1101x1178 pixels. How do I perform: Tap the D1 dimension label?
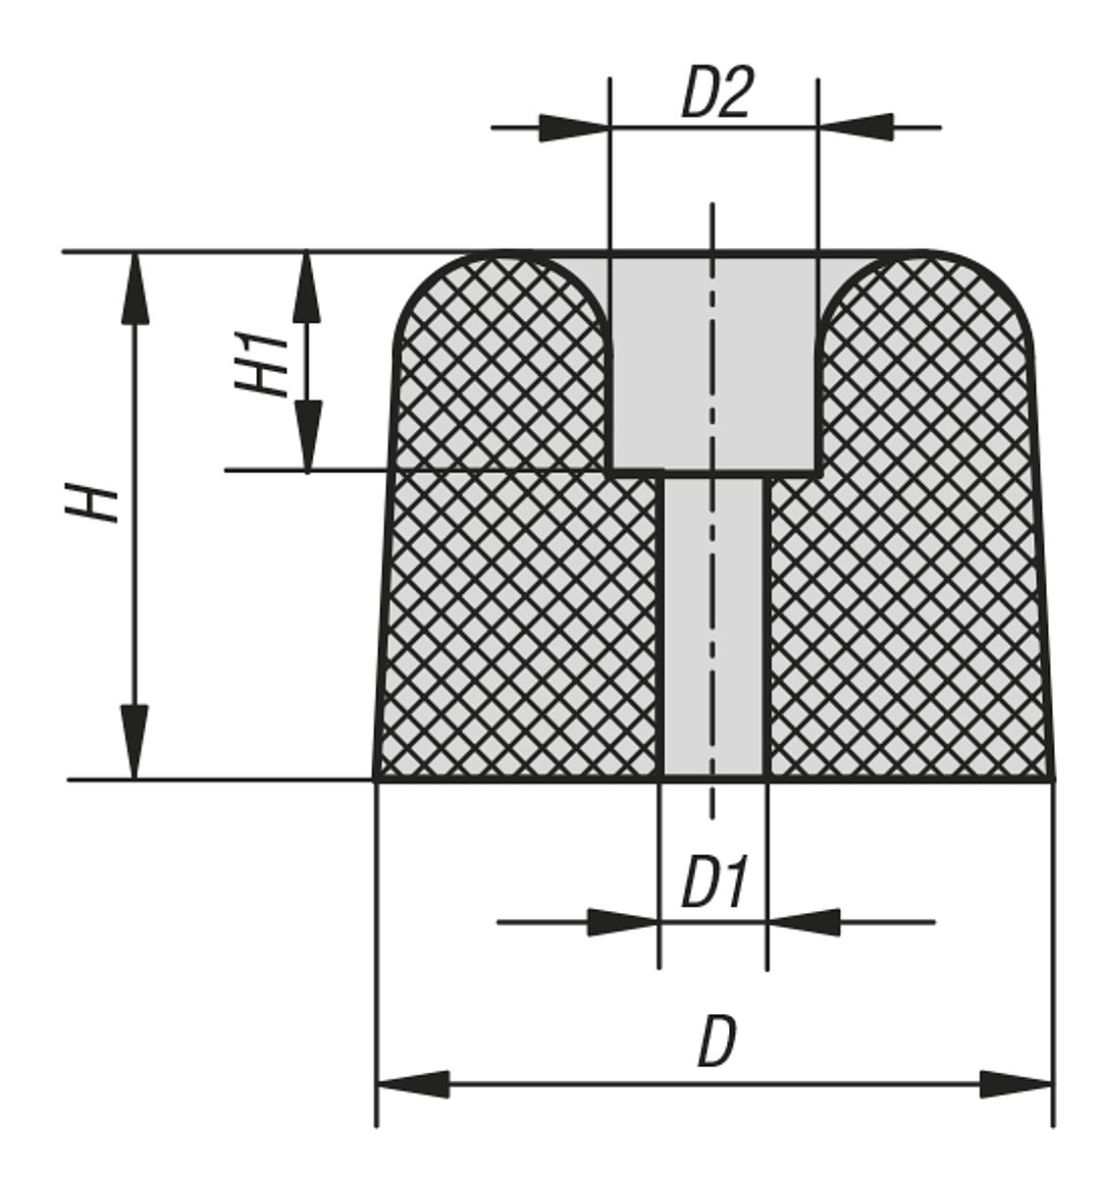714,883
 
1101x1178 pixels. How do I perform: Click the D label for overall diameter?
716,1043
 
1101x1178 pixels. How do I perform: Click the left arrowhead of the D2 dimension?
572,128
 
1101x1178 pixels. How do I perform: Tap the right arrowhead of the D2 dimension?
856,128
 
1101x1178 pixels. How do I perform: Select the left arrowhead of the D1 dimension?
622,923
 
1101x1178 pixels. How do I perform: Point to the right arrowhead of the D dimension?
1016,1085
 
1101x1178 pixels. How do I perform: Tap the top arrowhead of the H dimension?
136,289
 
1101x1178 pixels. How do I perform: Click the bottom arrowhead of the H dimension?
136,742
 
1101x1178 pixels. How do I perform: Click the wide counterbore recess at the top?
713,363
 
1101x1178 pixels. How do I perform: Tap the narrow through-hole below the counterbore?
713,628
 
